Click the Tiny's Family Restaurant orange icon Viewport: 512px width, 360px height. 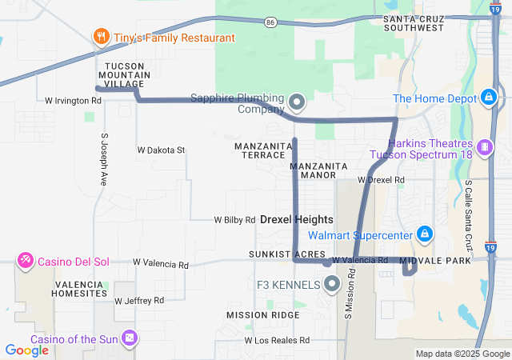[101, 38]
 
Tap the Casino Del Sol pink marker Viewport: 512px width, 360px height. [26, 260]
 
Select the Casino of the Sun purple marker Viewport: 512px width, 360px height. [129, 338]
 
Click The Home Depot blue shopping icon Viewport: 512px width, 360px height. [488, 98]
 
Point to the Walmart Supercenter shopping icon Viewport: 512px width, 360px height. [426, 234]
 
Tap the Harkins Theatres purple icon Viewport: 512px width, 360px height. [483, 147]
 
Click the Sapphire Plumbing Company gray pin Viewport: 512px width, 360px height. [297, 102]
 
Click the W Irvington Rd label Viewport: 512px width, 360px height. [74, 102]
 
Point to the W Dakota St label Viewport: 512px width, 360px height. [161, 150]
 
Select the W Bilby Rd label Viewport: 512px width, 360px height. [234, 219]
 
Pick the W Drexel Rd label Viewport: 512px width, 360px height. [381, 179]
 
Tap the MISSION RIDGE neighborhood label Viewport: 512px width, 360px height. [263, 315]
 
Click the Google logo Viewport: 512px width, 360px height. [27, 350]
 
